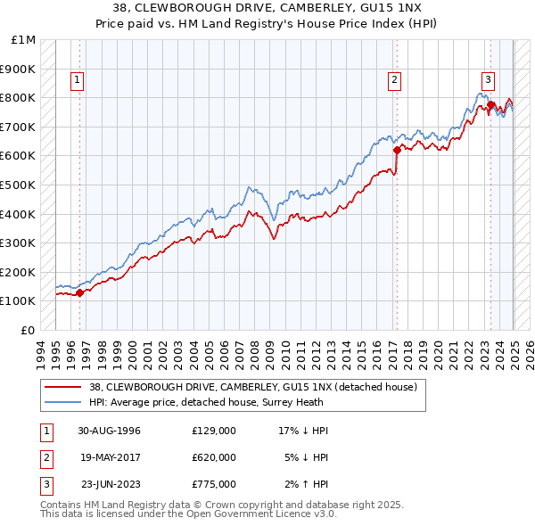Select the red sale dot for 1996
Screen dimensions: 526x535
click(x=79, y=292)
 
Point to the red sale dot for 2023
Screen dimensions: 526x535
click(x=491, y=105)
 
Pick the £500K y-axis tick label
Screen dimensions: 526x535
click(x=20, y=185)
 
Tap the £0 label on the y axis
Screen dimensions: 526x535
click(x=28, y=330)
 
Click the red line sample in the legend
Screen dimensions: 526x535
click(x=63, y=387)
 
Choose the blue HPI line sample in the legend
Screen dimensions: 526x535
click(x=63, y=402)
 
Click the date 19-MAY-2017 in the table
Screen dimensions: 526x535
click(x=109, y=457)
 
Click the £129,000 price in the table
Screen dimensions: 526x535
click(x=213, y=431)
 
